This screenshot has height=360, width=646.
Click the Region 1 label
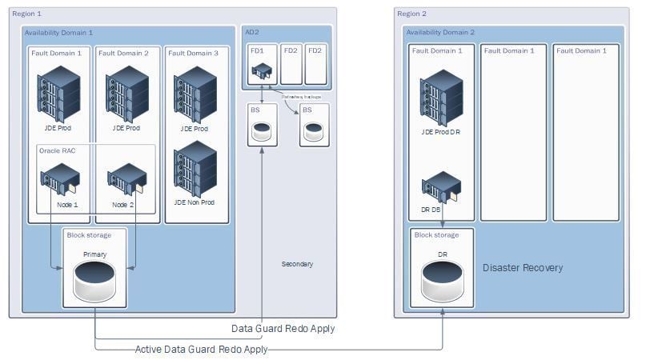click(x=28, y=14)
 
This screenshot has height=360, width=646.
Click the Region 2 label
click(x=412, y=14)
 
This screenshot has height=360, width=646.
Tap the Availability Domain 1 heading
click(x=58, y=33)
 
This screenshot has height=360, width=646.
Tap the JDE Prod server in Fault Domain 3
click(x=195, y=93)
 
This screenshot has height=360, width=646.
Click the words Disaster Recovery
click(x=523, y=268)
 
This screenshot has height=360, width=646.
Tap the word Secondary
click(x=297, y=264)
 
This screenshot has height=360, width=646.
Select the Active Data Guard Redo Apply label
click(x=201, y=349)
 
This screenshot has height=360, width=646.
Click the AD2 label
click(x=251, y=31)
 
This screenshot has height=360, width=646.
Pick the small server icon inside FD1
click(x=262, y=72)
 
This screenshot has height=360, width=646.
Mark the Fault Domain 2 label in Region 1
click(x=123, y=53)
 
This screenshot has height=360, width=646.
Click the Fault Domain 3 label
click(x=192, y=53)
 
